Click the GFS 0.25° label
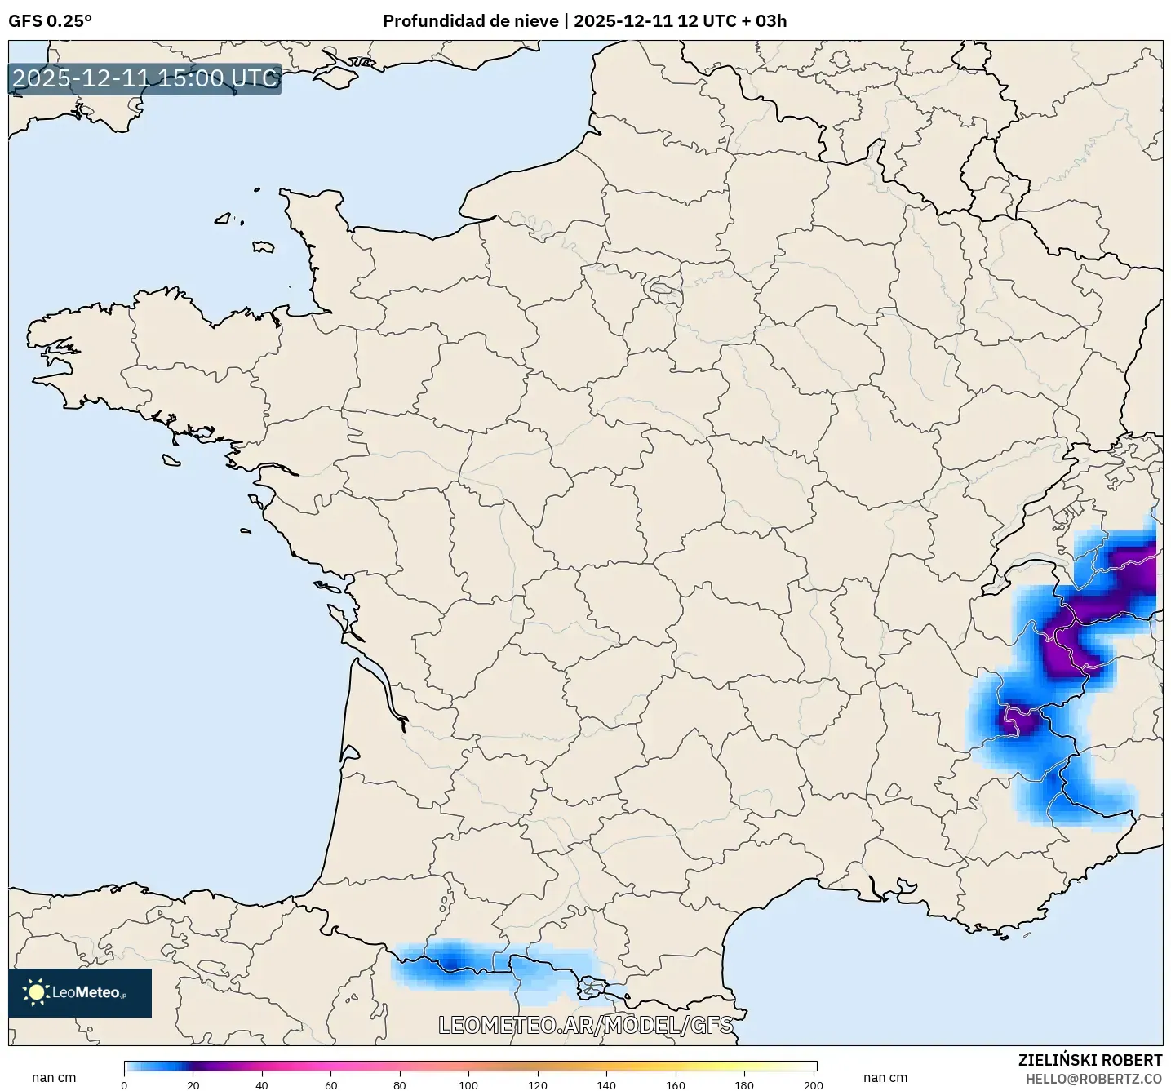pos(50,21)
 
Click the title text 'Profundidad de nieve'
pos(470,21)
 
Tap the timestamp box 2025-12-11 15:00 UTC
pos(144,78)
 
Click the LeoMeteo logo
pos(80,992)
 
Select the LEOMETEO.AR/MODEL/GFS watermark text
pos(585,1025)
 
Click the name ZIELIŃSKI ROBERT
pos(1089,1060)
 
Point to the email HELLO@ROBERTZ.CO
pos(1093,1079)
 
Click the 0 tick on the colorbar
pos(124,1085)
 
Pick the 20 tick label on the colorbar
pos(193,1085)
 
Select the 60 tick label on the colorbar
pos(330,1085)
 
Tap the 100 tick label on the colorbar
pos(468,1085)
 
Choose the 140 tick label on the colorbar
pos(606,1085)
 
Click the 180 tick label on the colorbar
pos(744,1085)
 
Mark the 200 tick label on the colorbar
pos(813,1085)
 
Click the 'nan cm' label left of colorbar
pos(54,1078)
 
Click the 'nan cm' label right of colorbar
pos(885,1078)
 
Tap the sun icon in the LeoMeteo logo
pos(36,992)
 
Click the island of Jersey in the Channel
pos(263,246)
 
